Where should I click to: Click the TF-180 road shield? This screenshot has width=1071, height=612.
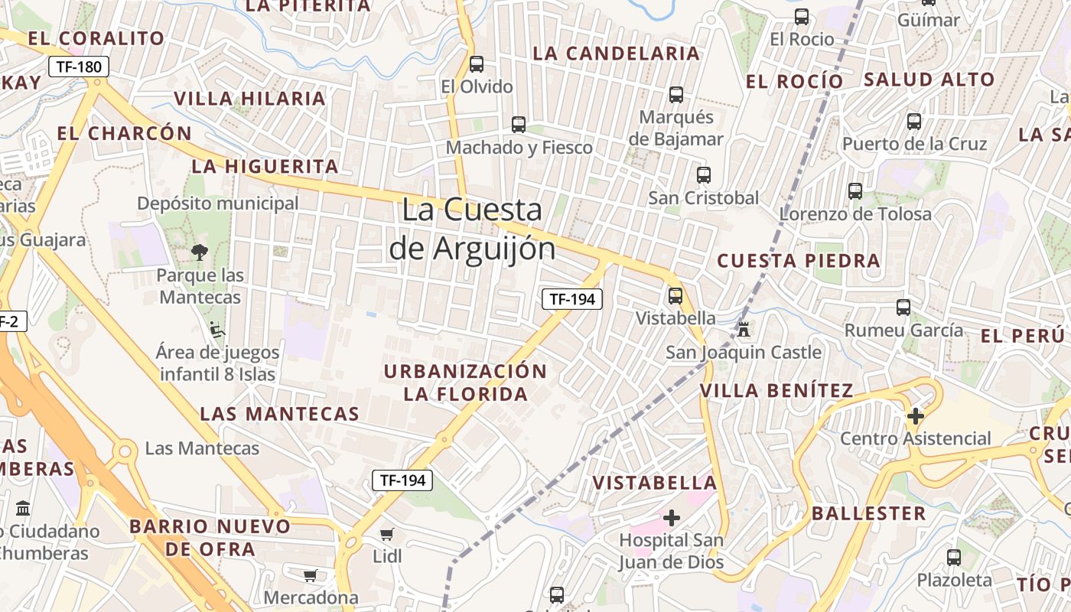[x=79, y=67]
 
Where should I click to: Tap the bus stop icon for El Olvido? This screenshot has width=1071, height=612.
[x=477, y=64]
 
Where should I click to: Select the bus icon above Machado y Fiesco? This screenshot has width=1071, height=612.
[x=519, y=124]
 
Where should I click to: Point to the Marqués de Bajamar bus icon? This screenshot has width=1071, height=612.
[x=676, y=95]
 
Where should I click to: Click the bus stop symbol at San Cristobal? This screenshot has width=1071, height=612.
[x=704, y=174]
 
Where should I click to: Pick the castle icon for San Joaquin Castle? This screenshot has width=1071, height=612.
[x=744, y=330]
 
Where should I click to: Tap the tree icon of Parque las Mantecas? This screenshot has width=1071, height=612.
[x=200, y=252]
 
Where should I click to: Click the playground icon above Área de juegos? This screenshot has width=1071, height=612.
[x=217, y=330]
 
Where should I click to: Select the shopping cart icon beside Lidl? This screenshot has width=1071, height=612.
[x=387, y=534]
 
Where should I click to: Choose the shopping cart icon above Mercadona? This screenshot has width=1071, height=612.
[x=311, y=575]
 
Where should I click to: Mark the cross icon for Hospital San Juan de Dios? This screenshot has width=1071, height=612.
[x=672, y=518]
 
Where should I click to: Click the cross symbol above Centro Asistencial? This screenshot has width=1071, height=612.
[x=915, y=416]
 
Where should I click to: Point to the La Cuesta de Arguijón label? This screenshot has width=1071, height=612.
[x=472, y=229]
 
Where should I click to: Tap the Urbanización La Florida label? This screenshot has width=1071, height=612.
[x=465, y=382]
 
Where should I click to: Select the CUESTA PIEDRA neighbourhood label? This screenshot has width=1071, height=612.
[x=799, y=260]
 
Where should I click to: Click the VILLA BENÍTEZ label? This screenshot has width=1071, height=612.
[x=776, y=391]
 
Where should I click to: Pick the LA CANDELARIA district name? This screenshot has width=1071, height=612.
[x=617, y=54]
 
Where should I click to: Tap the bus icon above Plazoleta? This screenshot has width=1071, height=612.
[x=953, y=558]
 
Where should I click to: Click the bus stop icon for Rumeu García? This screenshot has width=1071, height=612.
[x=903, y=308]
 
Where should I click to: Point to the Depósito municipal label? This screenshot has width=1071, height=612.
[x=218, y=203]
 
